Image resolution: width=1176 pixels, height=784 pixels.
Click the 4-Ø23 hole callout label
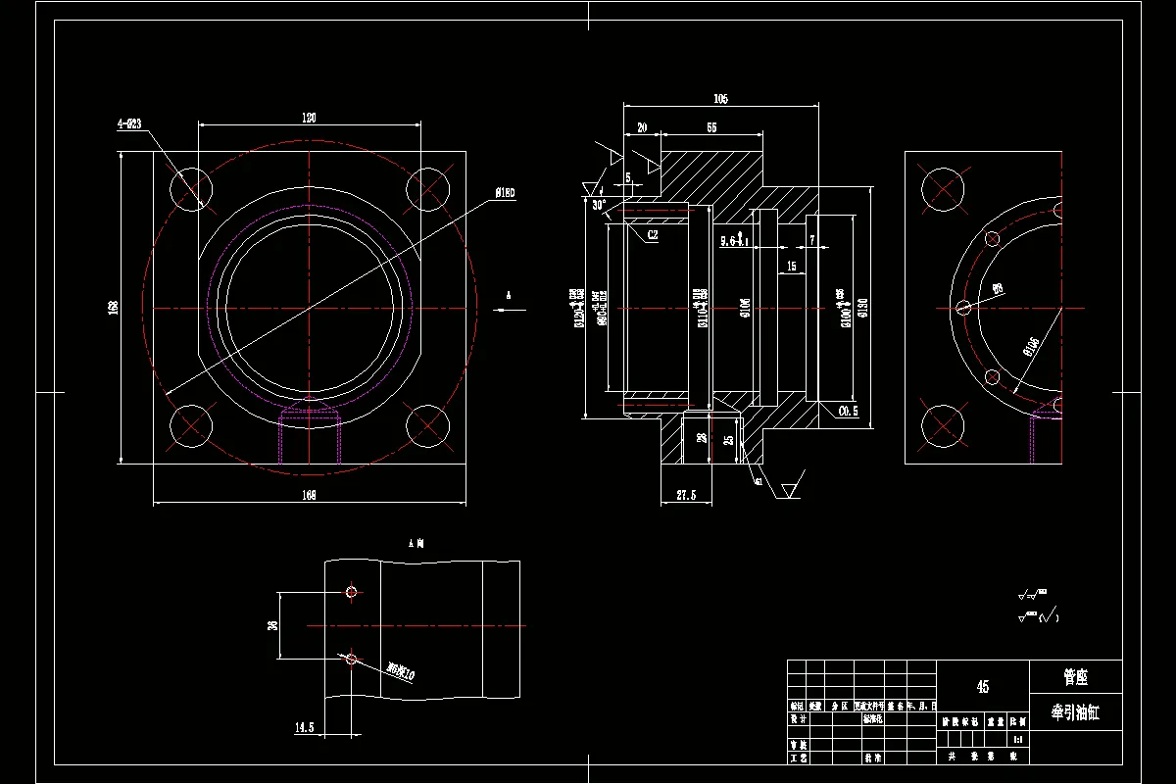click(129, 123)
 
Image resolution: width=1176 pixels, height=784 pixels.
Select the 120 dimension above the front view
click(309, 118)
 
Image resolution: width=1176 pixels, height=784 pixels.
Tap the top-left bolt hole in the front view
click(191, 188)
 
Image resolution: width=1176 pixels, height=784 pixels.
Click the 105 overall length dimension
click(720, 99)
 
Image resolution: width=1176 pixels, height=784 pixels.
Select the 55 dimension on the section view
click(710, 128)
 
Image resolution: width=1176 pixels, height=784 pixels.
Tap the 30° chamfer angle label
click(599, 205)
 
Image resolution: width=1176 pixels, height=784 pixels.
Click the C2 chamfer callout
click(653, 235)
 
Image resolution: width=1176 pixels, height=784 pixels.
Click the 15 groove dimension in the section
click(790, 266)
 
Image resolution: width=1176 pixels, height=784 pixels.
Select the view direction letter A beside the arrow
click(508, 294)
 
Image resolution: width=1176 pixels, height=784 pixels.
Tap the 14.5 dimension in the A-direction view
click(304, 727)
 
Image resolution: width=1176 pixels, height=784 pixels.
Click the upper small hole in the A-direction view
click(351, 592)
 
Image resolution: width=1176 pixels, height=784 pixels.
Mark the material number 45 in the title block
click(983, 687)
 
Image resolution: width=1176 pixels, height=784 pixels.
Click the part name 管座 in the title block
click(1075, 677)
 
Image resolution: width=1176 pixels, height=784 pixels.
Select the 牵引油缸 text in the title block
click(1075, 713)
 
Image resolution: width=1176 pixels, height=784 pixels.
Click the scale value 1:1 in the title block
click(1017, 739)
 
